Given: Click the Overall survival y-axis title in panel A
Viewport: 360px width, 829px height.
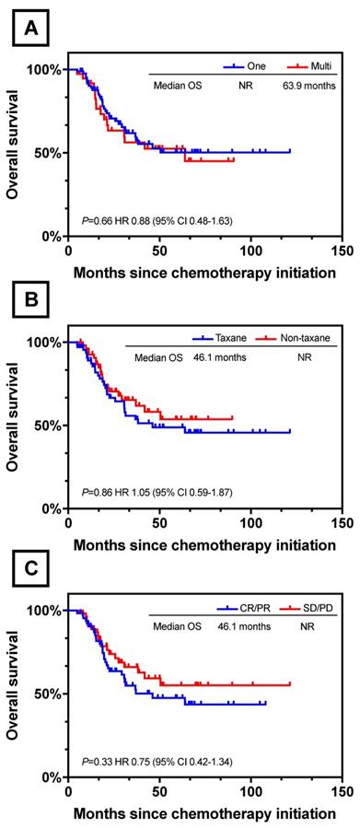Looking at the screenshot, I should pos(12,151).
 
